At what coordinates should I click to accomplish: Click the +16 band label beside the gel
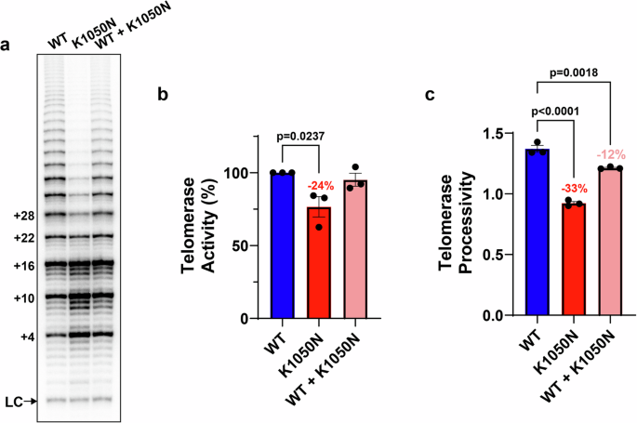tap(22, 266)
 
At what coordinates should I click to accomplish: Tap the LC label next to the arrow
tap(14, 402)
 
